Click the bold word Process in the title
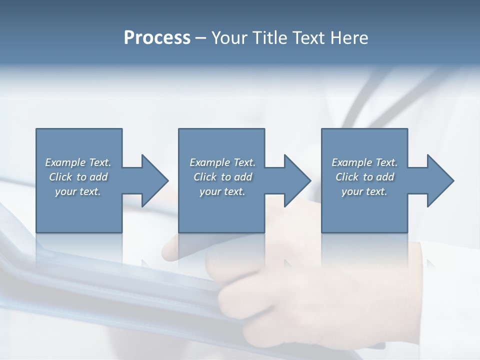157,38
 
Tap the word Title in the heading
270,38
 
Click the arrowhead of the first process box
155,180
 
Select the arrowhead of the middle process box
297,180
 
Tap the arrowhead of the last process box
440,180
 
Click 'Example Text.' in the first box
78,162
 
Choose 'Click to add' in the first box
78,177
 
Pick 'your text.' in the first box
78,191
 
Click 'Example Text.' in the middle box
222,162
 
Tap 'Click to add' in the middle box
222,177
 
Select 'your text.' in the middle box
222,191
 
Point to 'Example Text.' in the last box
364,162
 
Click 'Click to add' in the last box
364,177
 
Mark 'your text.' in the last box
364,191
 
